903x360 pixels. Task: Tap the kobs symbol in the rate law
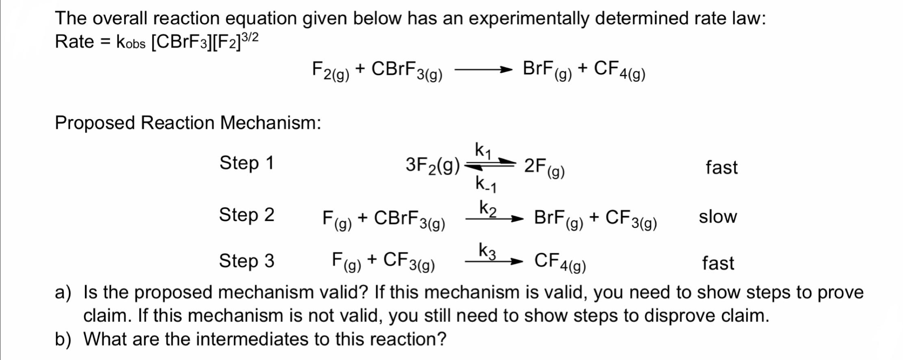(x=130, y=42)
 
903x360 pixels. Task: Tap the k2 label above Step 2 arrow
(x=488, y=208)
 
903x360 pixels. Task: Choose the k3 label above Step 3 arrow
(x=487, y=251)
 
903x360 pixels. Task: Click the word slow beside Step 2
(x=718, y=217)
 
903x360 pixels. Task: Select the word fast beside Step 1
(x=721, y=167)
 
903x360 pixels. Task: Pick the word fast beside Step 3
(x=718, y=263)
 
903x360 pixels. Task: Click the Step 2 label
(x=247, y=215)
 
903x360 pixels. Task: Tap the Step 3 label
(x=247, y=260)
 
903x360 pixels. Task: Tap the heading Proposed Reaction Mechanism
(x=188, y=122)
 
